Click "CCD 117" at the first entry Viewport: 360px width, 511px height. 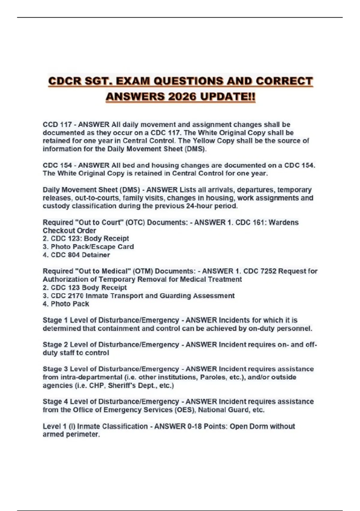point(57,124)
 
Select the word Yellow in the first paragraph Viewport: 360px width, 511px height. point(204,141)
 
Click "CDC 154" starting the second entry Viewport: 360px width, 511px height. point(57,165)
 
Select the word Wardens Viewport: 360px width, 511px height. point(283,222)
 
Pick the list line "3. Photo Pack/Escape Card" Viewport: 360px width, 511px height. point(88,247)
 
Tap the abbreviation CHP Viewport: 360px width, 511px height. point(97,385)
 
